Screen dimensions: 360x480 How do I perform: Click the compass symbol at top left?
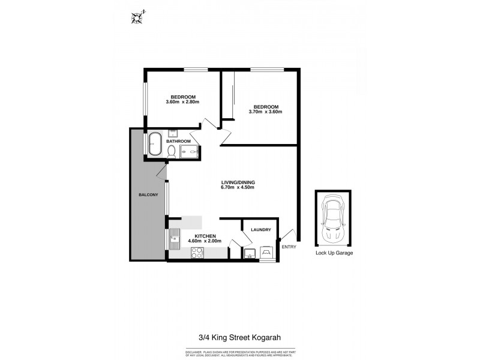point(137,17)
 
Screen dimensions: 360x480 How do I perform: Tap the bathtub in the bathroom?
point(154,145)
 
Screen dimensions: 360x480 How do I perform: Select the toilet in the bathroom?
point(171,151)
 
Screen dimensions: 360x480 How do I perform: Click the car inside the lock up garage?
point(333,219)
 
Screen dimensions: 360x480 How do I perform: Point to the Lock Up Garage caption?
point(334,253)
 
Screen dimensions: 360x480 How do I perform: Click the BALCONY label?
point(148,195)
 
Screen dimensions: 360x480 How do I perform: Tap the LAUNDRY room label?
point(259,230)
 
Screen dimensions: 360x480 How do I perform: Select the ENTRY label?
point(289,247)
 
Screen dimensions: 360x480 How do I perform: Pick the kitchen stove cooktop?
point(197,254)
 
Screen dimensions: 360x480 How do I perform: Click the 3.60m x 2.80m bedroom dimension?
point(182,102)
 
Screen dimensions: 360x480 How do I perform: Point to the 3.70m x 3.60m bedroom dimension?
point(265,112)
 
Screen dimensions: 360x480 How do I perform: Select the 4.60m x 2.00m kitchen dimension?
point(205,241)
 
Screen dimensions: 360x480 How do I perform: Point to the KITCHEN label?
point(205,236)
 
